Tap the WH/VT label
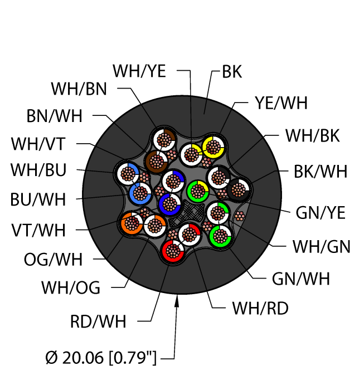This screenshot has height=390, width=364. pyautogui.click(x=38, y=144)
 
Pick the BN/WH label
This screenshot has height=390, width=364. pyautogui.click(x=54, y=116)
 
